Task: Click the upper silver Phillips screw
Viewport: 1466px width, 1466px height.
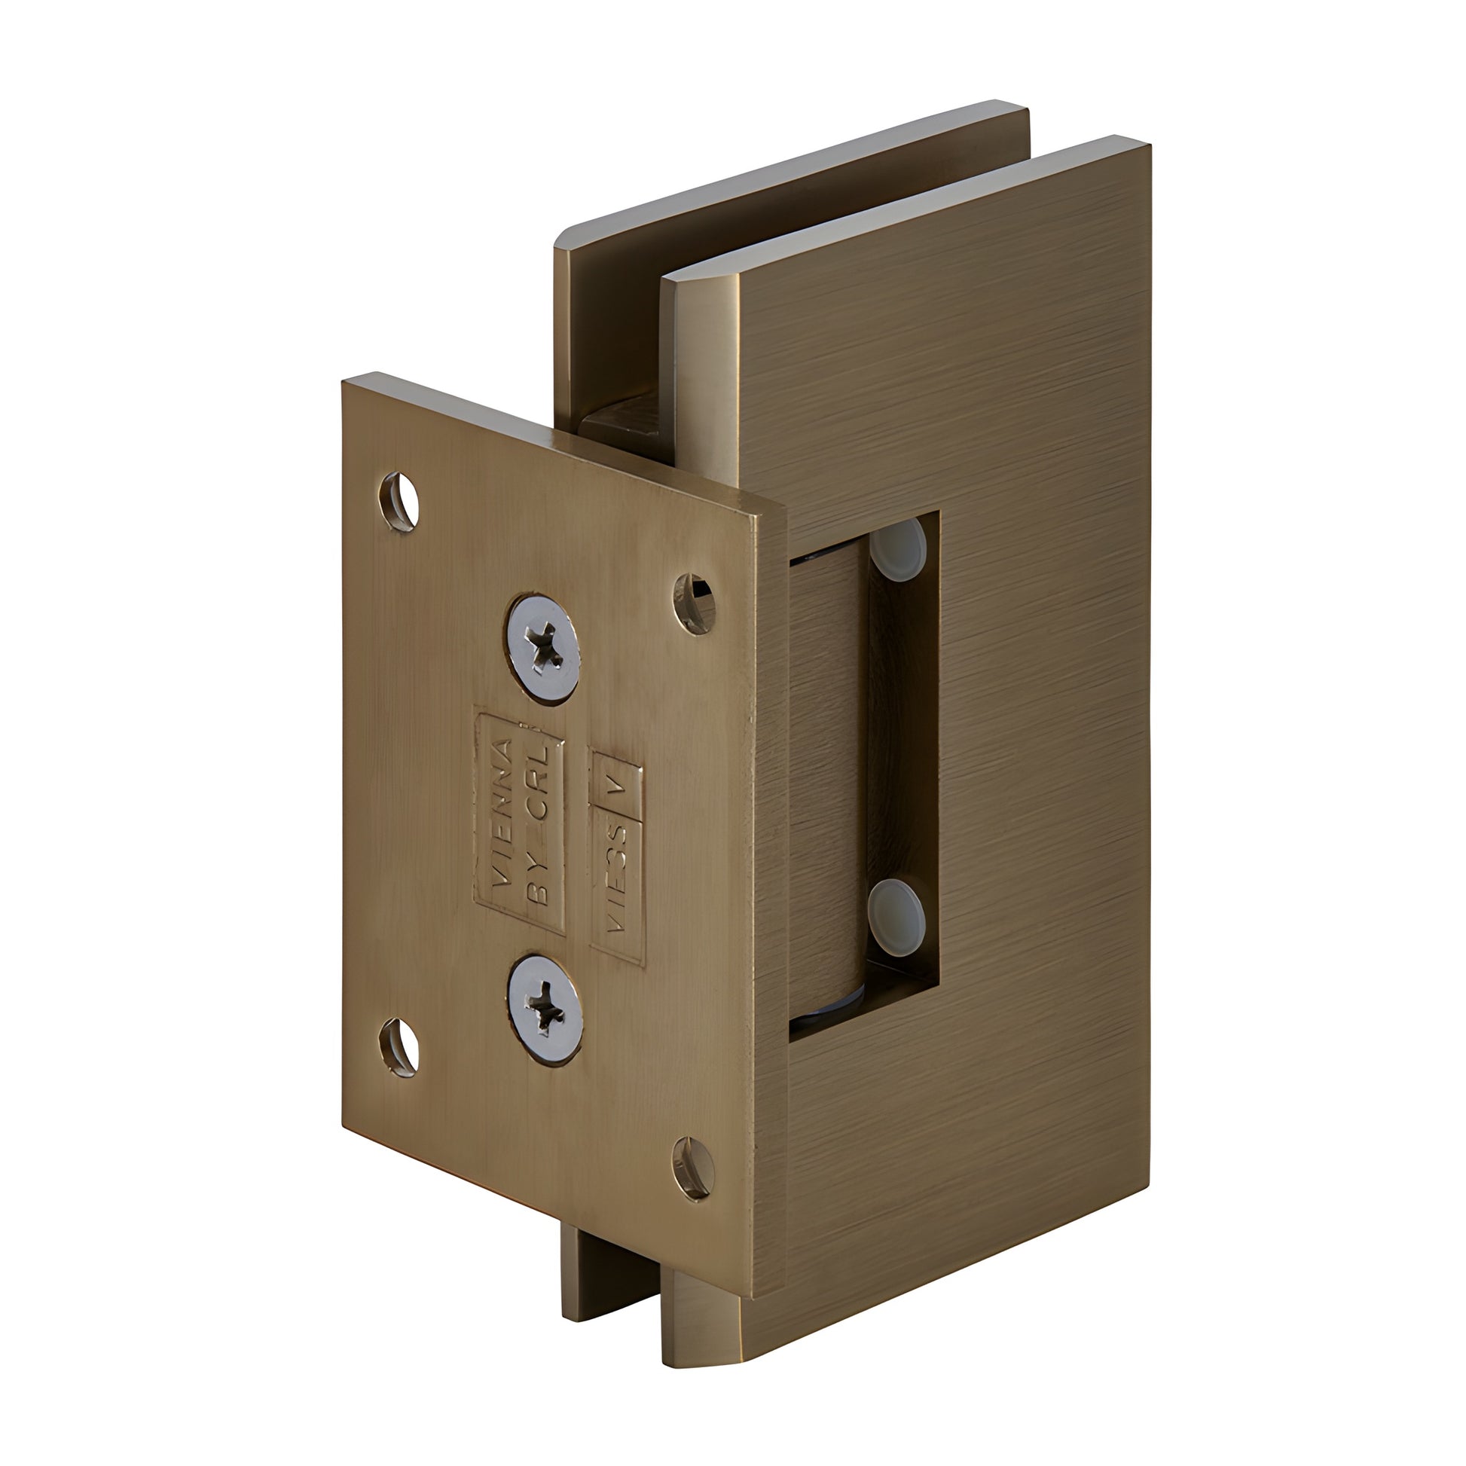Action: point(543,650)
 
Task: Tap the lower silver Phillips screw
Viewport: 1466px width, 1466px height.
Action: point(545,1009)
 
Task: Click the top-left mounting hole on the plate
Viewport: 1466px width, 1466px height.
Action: point(399,502)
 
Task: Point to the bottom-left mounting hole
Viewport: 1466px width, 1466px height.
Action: point(399,1047)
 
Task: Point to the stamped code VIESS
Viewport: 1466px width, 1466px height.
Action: point(617,880)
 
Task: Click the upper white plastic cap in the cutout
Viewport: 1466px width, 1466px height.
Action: point(899,548)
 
